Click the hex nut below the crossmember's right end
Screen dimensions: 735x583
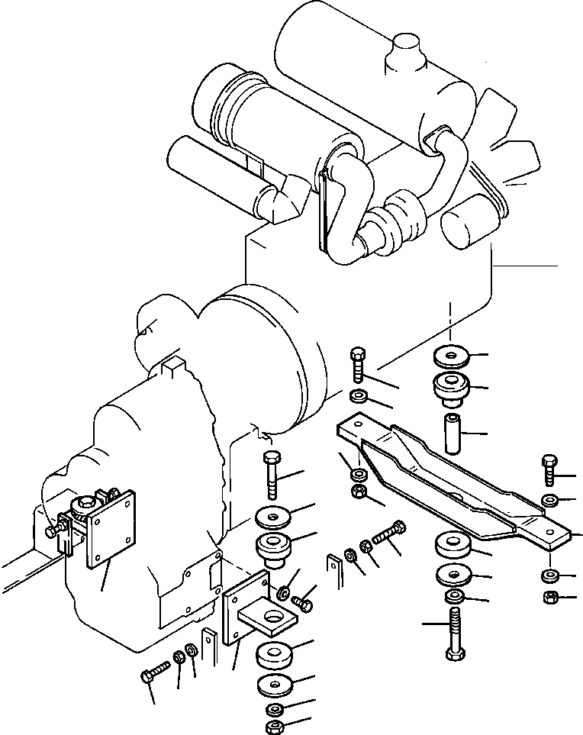tap(549, 597)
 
